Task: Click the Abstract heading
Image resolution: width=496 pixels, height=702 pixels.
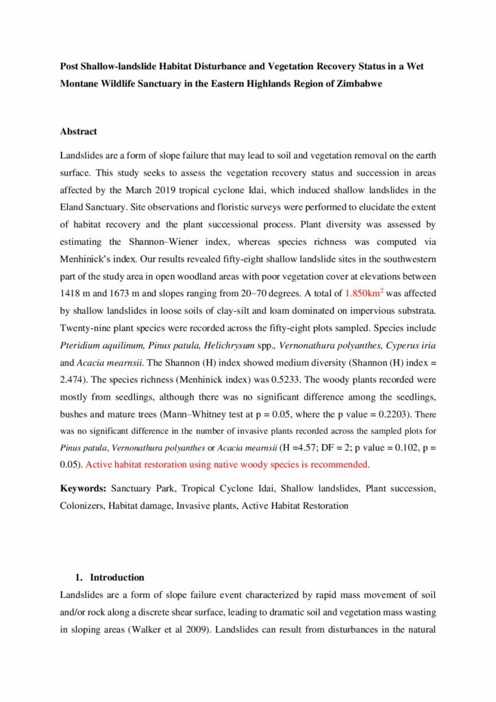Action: (x=78, y=131)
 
